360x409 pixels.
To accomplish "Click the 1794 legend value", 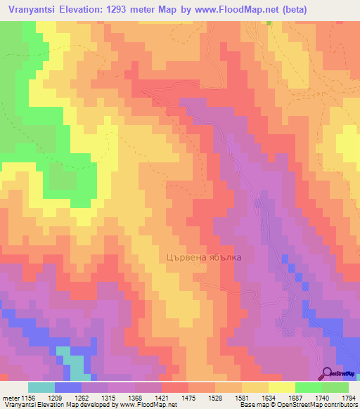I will tap(348, 398).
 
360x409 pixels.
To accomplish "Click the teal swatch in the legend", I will tap(41, 387).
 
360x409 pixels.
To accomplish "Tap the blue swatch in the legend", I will tap(68, 387).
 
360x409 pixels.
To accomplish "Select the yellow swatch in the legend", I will tap(282, 387).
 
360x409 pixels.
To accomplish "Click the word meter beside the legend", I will tap(10, 398).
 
